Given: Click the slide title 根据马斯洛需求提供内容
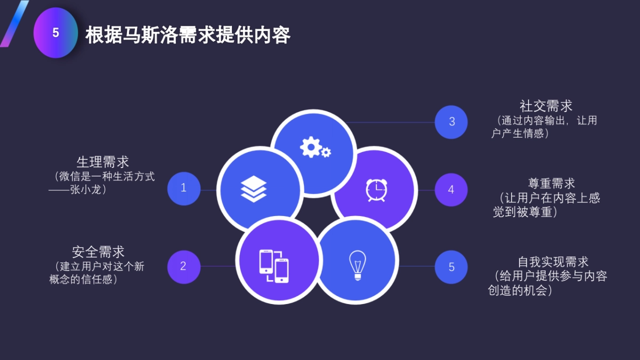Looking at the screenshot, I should pyautogui.click(x=188, y=35).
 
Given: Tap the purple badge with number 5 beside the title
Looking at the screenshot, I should pyautogui.click(x=55, y=33).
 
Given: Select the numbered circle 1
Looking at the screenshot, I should pyautogui.click(x=183, y=188).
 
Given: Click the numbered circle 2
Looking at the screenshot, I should pyautogui.click(x=183, y=266).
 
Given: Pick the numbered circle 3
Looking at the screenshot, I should pyautogui.click(x=451, y=122).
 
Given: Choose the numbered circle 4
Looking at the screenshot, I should pyautogui.click(x=451, y=189).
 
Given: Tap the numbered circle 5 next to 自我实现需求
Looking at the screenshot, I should pyautogui.click(x=451, y=267).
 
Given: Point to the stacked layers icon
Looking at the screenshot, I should pyautogui.click(x=253, y=189).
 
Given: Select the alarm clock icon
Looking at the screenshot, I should pyautogui.click(x=376, y=190).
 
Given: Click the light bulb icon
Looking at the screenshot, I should pyautogui.click(x=357, y=265).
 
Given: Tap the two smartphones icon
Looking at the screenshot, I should pyautogui.click(x=274, y=266).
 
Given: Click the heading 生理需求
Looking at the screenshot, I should pyautogui.click(x=103, y=162).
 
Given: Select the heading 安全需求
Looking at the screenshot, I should pyautogui.click(x=98, y=252).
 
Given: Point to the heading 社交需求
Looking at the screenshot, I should pyautogui.click(x=546, y=106).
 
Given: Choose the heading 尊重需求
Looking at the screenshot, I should pyautogui.click(x=551, y=183).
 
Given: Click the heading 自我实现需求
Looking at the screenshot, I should pyautogui.click(x=553, y=262).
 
